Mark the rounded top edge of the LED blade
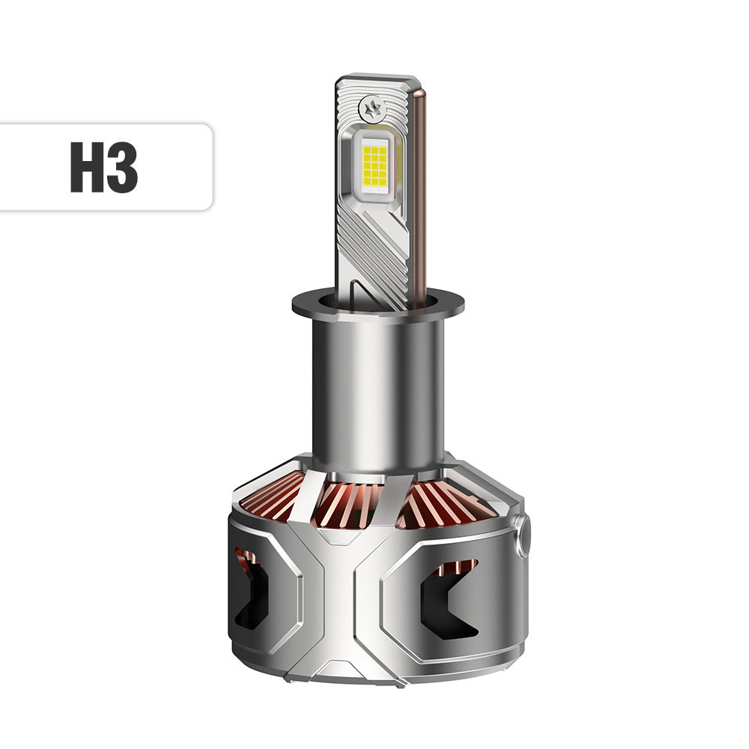(374, 79)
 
